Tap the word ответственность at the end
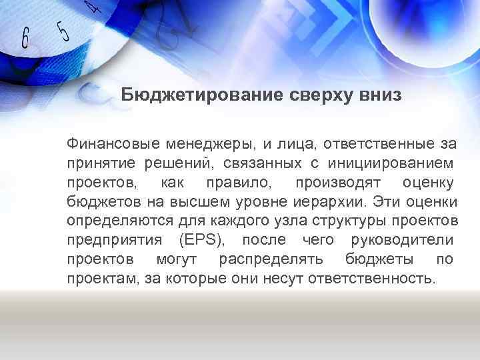pos(374,278)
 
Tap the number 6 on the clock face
pos(25,39)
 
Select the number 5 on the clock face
pos(63,31)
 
